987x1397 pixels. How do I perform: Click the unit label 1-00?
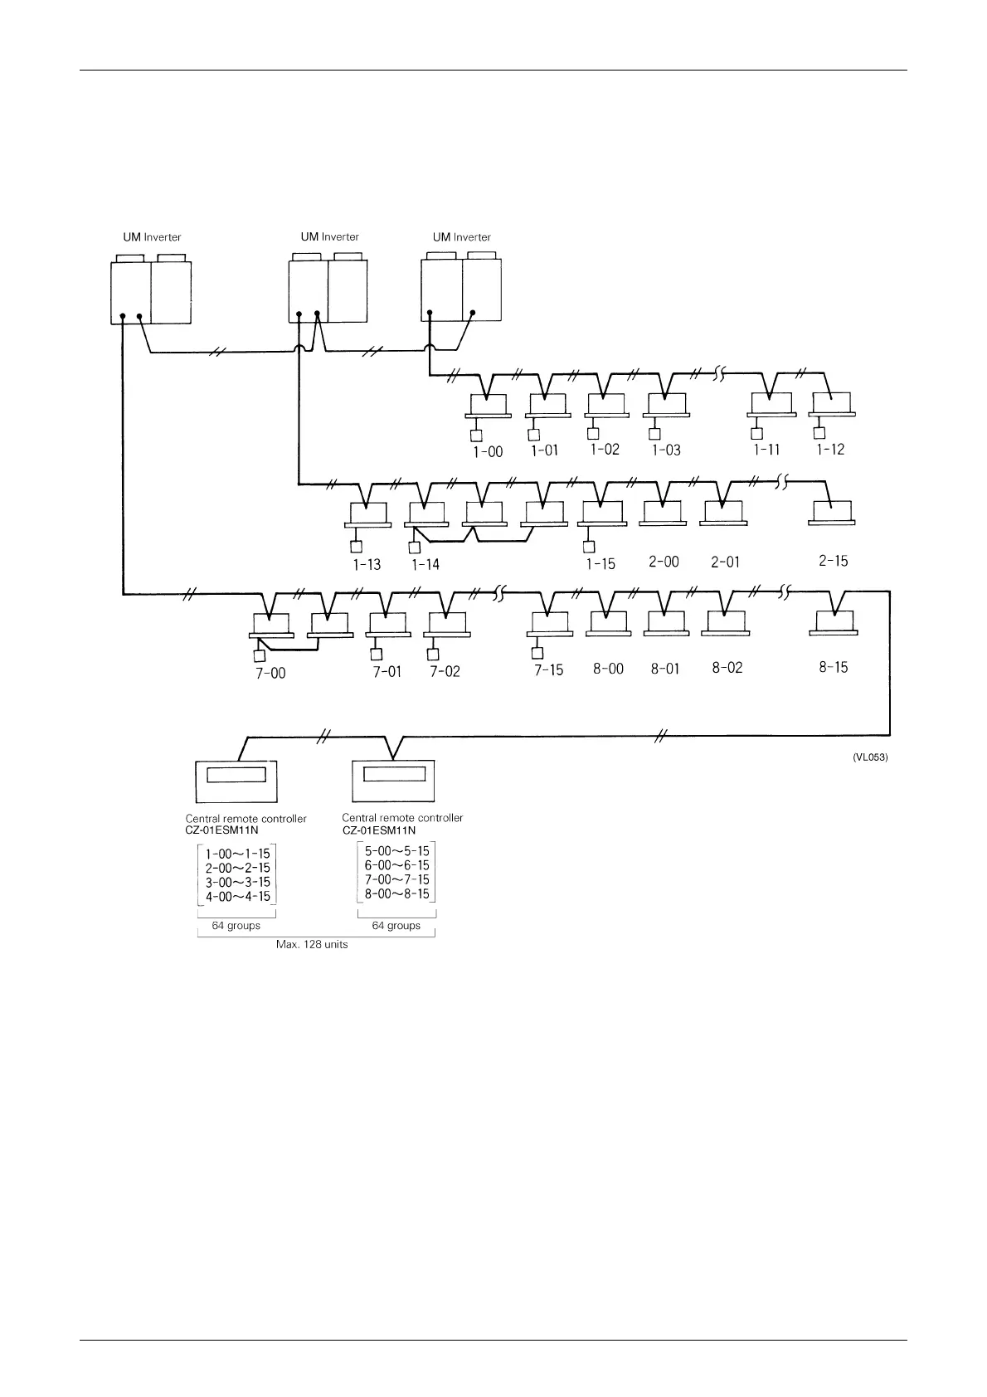tap(488, 452)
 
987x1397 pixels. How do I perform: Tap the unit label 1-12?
tap(830, 450)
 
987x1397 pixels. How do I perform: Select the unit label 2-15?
tap(833, 561)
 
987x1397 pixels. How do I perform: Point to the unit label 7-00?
tap(270, 673)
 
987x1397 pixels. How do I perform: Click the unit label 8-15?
tap(833, 667)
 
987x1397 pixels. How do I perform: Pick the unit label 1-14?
tap(425, 565)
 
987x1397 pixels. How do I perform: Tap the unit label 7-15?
tap(548, 669)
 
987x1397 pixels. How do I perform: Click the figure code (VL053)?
tap(870, 757)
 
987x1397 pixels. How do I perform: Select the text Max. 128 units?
tap(312, 944)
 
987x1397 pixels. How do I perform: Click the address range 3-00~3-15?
tap(238, 882)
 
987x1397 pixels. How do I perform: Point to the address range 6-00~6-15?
tap(397, 864)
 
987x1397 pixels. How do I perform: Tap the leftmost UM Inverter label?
tap(152, 237)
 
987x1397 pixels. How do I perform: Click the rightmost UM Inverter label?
tap(461, 237)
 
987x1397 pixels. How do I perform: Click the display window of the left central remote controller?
tap(236, 775)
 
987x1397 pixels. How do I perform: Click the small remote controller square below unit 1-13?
tap(357, 546)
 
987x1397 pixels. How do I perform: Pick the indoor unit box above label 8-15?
tap(834, 621)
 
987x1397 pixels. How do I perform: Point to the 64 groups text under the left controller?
tap(236, 925)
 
